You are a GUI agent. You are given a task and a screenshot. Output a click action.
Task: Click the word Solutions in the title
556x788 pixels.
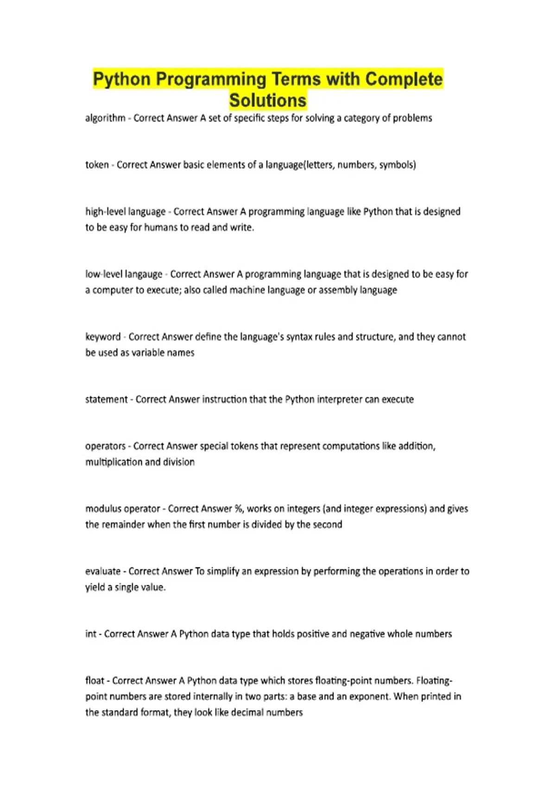[x=268, y=101]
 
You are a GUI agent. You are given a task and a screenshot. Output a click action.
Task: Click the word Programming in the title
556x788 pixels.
[x=211, y=79]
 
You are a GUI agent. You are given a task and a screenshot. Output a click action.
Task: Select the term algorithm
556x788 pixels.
[x=105, y=118]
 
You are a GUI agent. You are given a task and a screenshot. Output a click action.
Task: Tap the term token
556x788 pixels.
[x=97, y=165]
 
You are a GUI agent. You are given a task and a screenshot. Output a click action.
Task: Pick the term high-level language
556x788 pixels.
[x=125, y=212]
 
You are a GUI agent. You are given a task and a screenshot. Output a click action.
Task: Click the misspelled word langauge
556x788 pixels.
[x=144, y=274]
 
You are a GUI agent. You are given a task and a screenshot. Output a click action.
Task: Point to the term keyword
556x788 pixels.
[x=103, y=337]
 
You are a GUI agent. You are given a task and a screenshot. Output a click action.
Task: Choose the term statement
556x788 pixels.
[x=106, y=400]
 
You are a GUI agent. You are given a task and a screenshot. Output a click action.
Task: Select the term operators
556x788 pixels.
[x=105, y=446]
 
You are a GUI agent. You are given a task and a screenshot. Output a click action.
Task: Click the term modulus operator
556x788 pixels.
[x=122, y=509]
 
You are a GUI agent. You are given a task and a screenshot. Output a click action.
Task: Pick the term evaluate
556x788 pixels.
[x=103, y=572]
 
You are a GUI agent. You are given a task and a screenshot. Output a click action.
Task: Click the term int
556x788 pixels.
[x=91, y=634]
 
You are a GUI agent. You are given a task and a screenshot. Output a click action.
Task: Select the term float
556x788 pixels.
[x=95, y=681]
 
